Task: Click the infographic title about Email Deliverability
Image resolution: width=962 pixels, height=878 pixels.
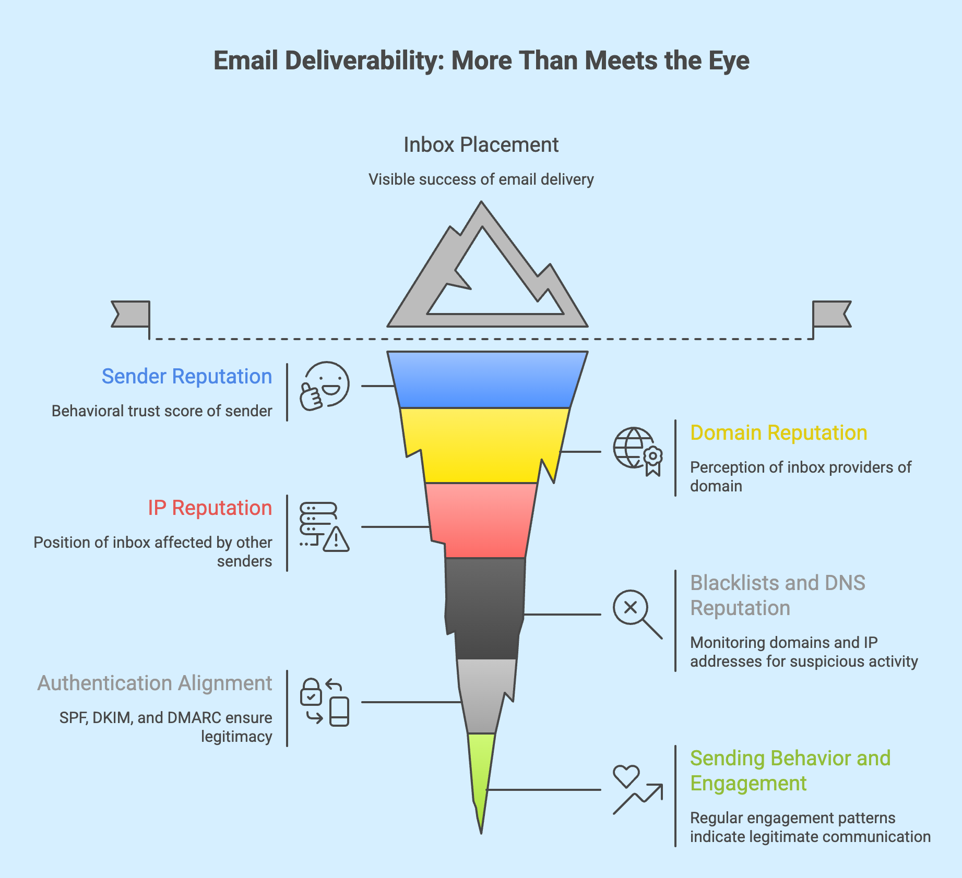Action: [481, 61]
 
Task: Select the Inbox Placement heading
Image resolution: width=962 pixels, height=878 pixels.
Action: [481, 145]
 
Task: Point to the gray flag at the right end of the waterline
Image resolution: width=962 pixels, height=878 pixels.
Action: [831, 314]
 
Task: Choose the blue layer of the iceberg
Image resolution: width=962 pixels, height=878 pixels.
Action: [486, 379]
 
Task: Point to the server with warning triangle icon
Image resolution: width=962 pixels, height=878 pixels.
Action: [324, 527]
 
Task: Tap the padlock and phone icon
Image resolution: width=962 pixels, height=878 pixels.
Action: [324, 702]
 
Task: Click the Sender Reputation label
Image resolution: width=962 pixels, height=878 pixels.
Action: [186, 376]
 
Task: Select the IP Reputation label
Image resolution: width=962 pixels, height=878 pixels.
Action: [209, 508]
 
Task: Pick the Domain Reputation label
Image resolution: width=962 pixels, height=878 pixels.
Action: [778, 432]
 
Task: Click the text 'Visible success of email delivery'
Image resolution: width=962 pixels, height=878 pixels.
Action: [481, 179]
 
